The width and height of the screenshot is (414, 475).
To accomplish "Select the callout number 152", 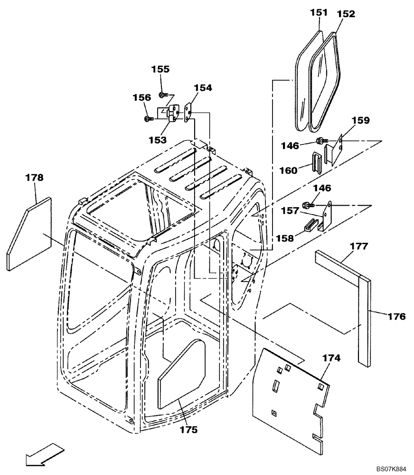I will tap(346, 14).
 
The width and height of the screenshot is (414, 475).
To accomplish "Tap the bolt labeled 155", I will tap(162, 95).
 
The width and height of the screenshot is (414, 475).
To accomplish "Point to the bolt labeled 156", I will tap(148, 118).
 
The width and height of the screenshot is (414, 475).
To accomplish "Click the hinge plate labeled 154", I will tap(188, 113).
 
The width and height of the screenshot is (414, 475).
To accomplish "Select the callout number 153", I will tap(157, 140).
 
